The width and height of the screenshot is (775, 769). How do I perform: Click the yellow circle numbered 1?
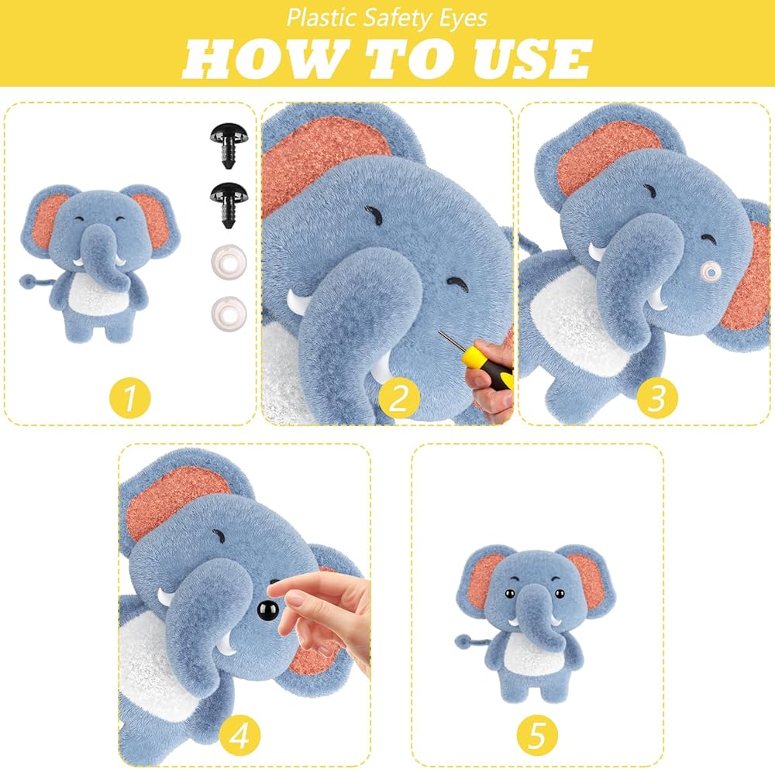click(129, 397)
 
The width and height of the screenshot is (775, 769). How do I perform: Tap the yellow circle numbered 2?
click(398, 397)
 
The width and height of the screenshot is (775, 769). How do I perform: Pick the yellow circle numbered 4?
click(239, 736)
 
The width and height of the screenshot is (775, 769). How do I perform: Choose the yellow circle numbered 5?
click(537, 736)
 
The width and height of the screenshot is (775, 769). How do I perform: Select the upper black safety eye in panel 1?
click(229, 145)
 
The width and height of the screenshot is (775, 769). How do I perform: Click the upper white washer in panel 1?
click(229, 259)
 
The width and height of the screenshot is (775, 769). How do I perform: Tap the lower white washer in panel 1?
click(229, 313)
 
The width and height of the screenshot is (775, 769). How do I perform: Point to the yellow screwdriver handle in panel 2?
click(487, 365)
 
